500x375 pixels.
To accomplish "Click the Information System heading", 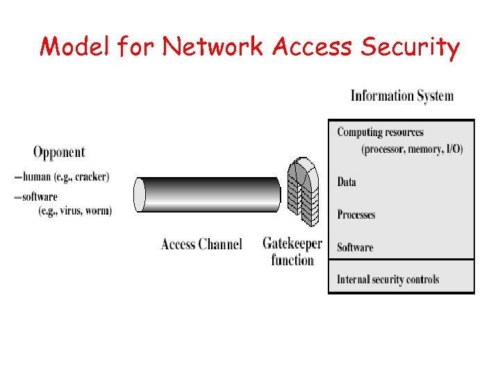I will coord(402,96).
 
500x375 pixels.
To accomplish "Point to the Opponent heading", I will coord(59,152).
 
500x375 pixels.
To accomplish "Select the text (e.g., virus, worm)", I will coord(75,211).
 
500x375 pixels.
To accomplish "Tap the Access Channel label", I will coord(201,244).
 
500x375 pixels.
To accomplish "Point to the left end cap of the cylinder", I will coord(140,194).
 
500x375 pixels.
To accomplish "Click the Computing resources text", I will coord(380,133).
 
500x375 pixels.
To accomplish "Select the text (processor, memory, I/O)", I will coord(412,149).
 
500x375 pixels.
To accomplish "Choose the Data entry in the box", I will coord(347,182).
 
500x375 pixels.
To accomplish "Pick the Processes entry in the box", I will coord(356,215).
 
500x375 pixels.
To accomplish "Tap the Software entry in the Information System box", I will coord(355,247).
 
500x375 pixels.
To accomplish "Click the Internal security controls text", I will coord(387,280).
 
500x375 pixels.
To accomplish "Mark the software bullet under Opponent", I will coord(39,197).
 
